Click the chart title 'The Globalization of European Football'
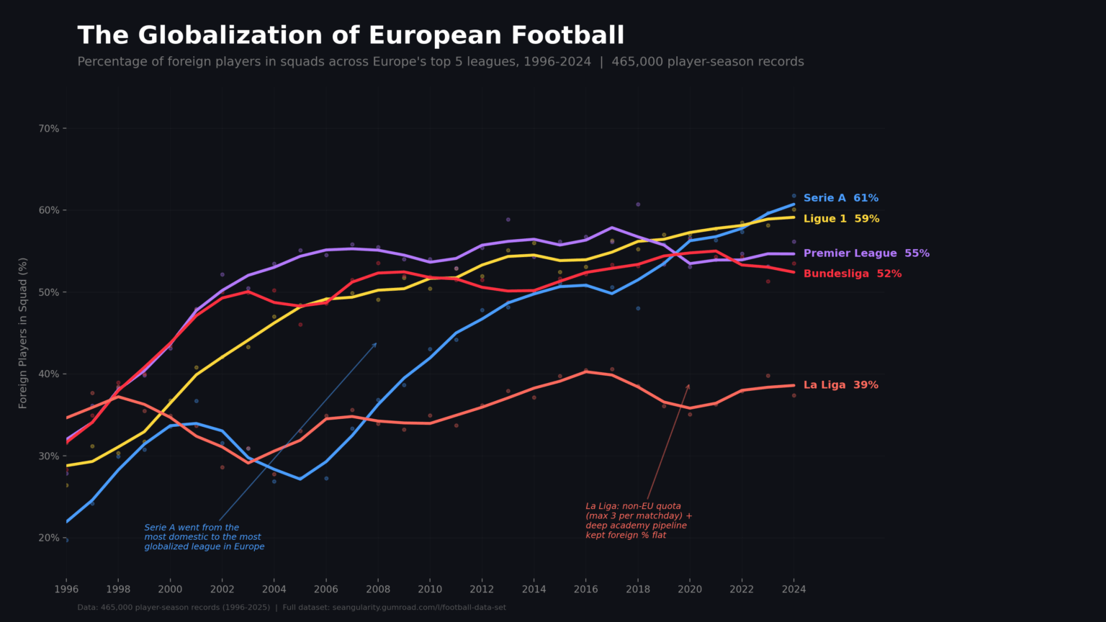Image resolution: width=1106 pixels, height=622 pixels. coord(351,36)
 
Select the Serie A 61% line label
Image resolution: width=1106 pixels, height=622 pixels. coord(840,198)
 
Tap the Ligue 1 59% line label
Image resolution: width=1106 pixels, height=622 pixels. coord(841,219)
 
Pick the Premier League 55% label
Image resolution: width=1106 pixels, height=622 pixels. coord(866,253)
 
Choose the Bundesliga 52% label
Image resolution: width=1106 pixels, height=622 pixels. coord(852,274)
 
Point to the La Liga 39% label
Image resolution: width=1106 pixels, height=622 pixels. coord(840,385)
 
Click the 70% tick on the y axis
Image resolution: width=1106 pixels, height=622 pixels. coord(49,129)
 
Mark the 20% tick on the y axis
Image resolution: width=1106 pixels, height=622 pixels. coord(49,538)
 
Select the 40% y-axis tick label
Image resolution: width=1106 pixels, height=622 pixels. coord(49,374)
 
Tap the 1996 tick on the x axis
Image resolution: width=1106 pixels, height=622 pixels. coord(66,589)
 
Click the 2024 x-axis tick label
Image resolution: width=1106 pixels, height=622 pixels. coord(793,589)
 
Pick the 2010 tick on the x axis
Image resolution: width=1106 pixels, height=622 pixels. coord(430,589)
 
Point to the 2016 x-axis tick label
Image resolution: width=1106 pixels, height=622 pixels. coord(585,589)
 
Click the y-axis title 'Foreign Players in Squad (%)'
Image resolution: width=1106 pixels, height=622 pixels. coord(23,333)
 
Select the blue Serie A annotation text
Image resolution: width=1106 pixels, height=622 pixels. coord(204,537)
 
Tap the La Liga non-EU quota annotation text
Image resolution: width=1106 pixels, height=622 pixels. coord(639,520)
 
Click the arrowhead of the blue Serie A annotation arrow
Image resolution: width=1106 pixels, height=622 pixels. coord(376,344)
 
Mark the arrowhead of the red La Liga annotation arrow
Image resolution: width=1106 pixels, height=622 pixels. coord(689,386)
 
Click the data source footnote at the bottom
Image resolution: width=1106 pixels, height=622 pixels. coord(292,608)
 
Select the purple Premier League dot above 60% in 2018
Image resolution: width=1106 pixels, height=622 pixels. coord(638,204)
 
